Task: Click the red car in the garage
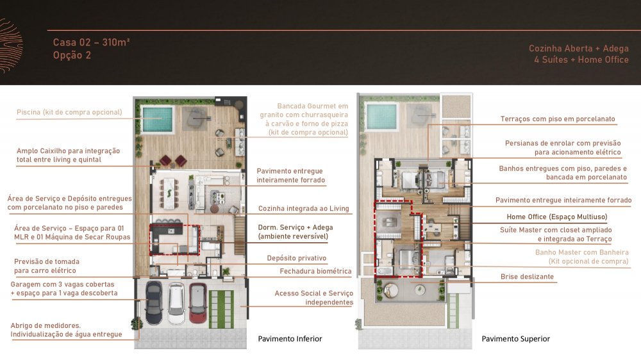tap(197, 302)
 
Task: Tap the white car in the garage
tap(176, 302)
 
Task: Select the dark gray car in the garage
tap(154, 303)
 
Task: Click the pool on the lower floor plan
tap(158, 119)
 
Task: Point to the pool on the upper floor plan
tap(381, 116)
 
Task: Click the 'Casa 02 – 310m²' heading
tap(92, 42)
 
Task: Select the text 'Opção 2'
tap(72, 55)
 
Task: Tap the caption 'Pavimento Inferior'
tap(290, 339)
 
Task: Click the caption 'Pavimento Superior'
tap(515, 339)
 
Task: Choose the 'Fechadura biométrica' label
tap(315, 271)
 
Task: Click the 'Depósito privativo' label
tap(297, 258)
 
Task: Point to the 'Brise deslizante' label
tap(528, 277)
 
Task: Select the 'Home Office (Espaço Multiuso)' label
tap(557, 217)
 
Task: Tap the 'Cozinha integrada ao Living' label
tap(304, 208)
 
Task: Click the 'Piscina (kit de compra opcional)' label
tap(69, 112)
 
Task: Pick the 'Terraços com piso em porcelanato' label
tap(558, 119)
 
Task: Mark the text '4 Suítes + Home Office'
tap(581, 60)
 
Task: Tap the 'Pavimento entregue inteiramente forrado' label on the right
tap(563, 200)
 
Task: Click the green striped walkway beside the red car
tap(221, 309)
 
